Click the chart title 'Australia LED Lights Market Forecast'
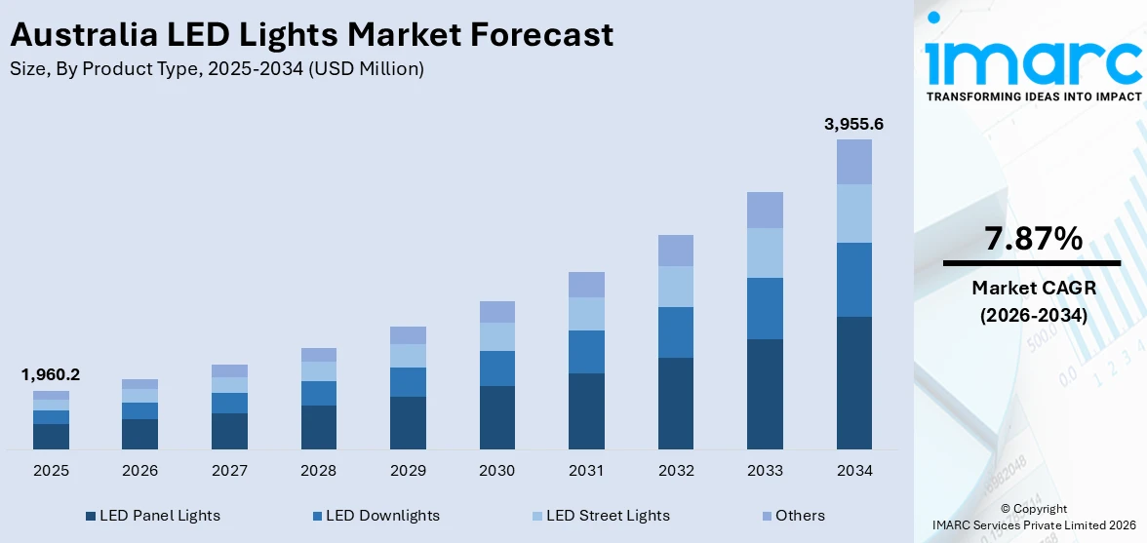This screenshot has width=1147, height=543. tap(311, 35)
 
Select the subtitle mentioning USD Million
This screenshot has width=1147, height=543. tap(216, 69)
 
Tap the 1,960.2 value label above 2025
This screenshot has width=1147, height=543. tap(51, 374)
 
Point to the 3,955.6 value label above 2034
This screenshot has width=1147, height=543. tap(853, 124)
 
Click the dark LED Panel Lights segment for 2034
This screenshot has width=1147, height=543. tap(854, 382)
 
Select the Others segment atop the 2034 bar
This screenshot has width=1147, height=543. tap(854, 162)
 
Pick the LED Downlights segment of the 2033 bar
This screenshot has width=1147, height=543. tap(765, 308)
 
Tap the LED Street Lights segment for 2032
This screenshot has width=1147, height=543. tap(676, 287)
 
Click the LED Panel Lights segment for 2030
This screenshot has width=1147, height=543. tap(496, 417)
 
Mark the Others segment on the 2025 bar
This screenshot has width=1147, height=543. tap(51, 395)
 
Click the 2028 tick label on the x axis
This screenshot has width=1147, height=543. tap(318, 471)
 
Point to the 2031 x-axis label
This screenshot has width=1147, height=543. tap(586, 471)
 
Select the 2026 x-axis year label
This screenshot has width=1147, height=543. tap(139, 471)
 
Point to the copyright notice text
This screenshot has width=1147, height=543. tap(1033, 517)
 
